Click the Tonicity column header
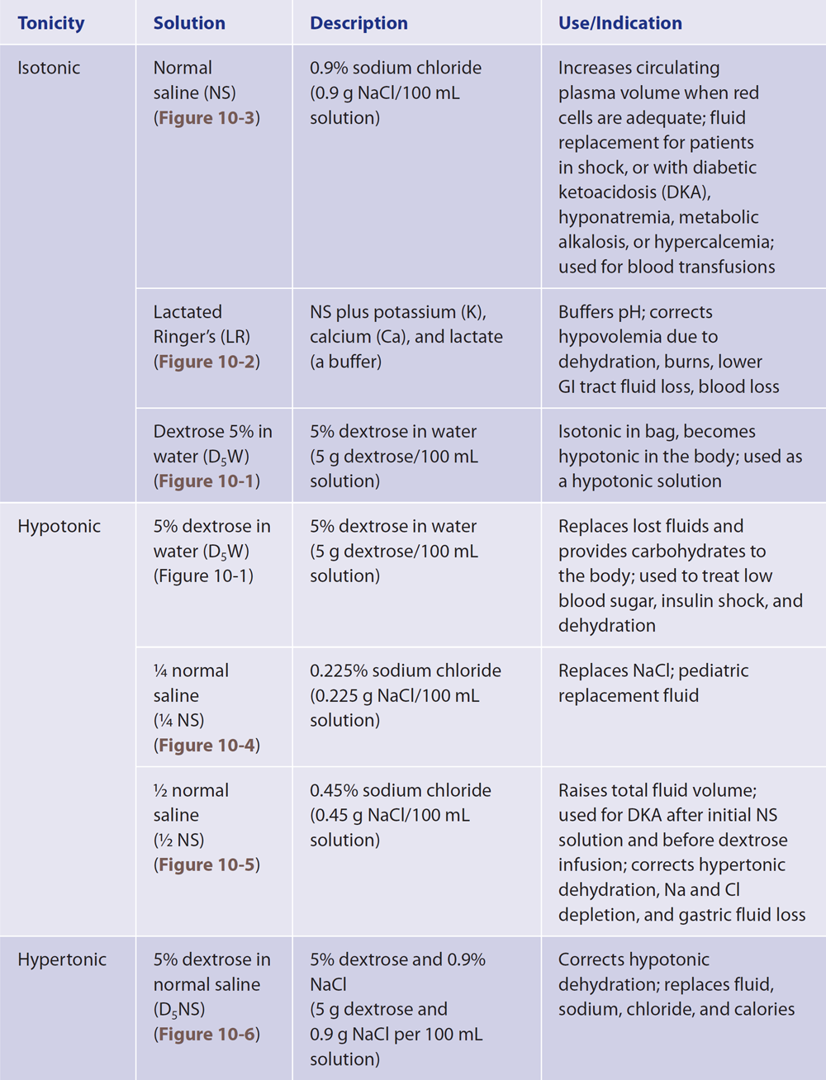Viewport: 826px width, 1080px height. click(x=50, y=23)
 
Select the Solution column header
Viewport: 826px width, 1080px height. click(x=189, y=23)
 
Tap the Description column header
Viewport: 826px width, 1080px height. click(x=358, y=23)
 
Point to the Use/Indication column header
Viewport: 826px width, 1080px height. click(x=619, y=23)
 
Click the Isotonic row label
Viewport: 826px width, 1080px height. click(x=49, y=68)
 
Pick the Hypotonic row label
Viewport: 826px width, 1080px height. click(x=59, y=526)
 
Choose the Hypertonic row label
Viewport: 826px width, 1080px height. click(x=62, y=959)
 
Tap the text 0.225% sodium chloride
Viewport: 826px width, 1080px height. click(x=405, y=670)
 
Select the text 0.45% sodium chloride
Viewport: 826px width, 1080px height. click(x=400, y=790)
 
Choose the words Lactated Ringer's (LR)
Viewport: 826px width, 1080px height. click(x=202, y=324)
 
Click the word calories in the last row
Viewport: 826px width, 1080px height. click(x=763, y=1009)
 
